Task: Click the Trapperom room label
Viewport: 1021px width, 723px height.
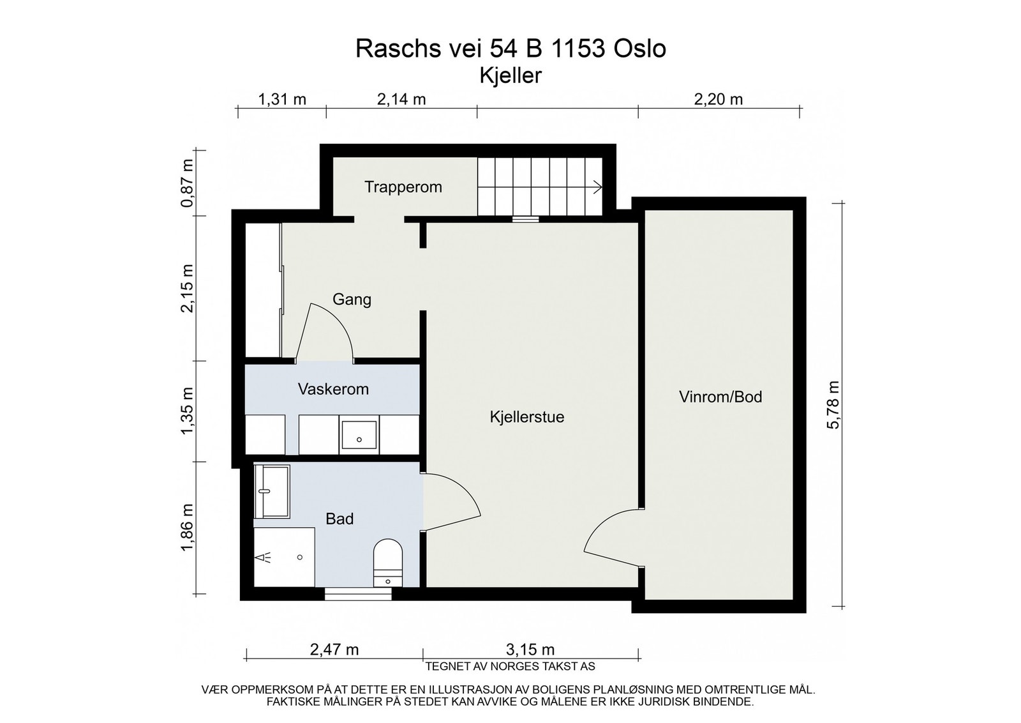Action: point(403,187)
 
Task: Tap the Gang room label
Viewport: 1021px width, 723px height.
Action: point(352,300)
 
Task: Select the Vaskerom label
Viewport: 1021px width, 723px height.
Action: point(333,389)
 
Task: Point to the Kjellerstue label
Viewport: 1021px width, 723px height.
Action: point(527,417)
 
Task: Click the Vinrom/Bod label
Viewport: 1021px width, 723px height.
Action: point(720,397)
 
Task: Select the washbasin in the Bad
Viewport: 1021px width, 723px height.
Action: point(272,491)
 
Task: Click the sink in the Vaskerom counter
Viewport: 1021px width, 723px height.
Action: point(359,435)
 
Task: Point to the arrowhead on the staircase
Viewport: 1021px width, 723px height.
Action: point(598,187)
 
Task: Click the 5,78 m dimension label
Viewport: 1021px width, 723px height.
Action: point(832,404)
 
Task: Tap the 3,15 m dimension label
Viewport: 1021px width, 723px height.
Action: point(530,649)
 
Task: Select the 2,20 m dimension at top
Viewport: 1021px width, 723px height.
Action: point(719,99)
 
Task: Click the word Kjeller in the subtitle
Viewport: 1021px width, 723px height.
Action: point(511,76)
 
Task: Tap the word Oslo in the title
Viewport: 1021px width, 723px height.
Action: point(640,49)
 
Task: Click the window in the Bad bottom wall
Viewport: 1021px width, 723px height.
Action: point(358,594)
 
